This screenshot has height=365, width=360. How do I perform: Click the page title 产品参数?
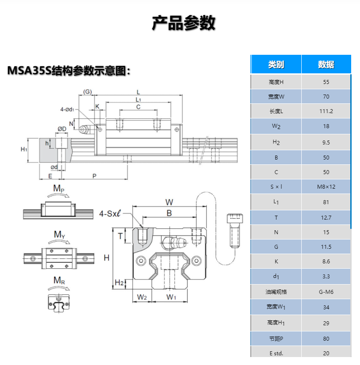183,23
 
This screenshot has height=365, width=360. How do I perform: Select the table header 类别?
276,65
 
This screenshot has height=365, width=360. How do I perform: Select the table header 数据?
326,65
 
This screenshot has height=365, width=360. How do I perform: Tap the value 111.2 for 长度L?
326,111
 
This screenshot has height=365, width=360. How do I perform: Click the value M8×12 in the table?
326,186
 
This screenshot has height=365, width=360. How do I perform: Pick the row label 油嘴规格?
276,292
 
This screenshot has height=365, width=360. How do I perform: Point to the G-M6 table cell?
326,292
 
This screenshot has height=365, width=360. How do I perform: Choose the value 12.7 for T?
326,217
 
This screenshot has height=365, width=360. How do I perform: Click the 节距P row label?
276,338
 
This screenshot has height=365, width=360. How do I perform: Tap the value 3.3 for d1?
326,277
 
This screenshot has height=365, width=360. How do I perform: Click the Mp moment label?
59,189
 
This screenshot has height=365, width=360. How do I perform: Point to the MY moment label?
59,234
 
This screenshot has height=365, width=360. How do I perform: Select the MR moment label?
59,280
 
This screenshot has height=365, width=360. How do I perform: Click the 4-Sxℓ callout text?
110,213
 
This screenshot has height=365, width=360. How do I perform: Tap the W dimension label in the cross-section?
169,202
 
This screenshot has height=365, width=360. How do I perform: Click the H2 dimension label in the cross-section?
119,282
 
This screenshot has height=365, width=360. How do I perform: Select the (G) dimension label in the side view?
87,92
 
